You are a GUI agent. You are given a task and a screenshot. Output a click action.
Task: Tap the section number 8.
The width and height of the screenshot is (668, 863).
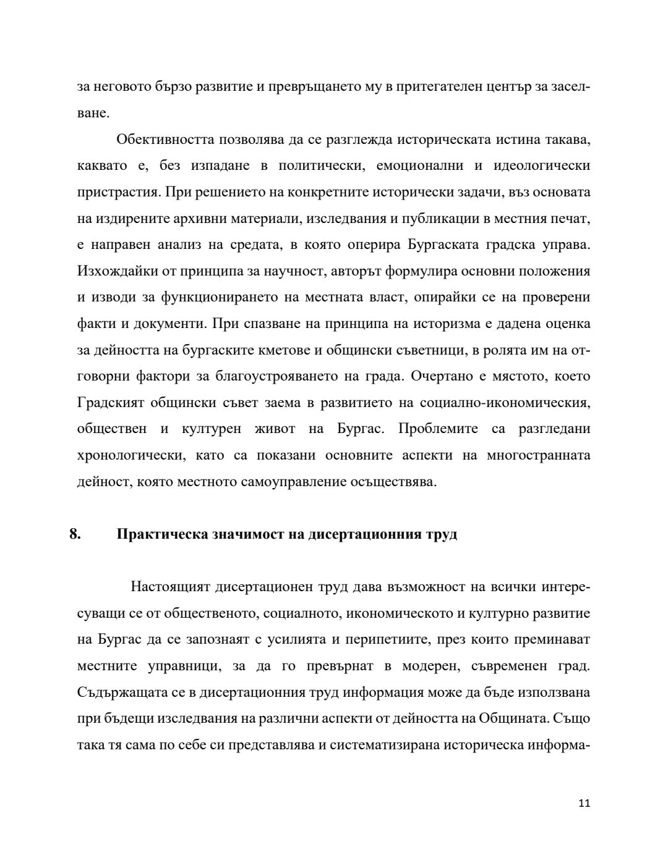click(x=75, y=534)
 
